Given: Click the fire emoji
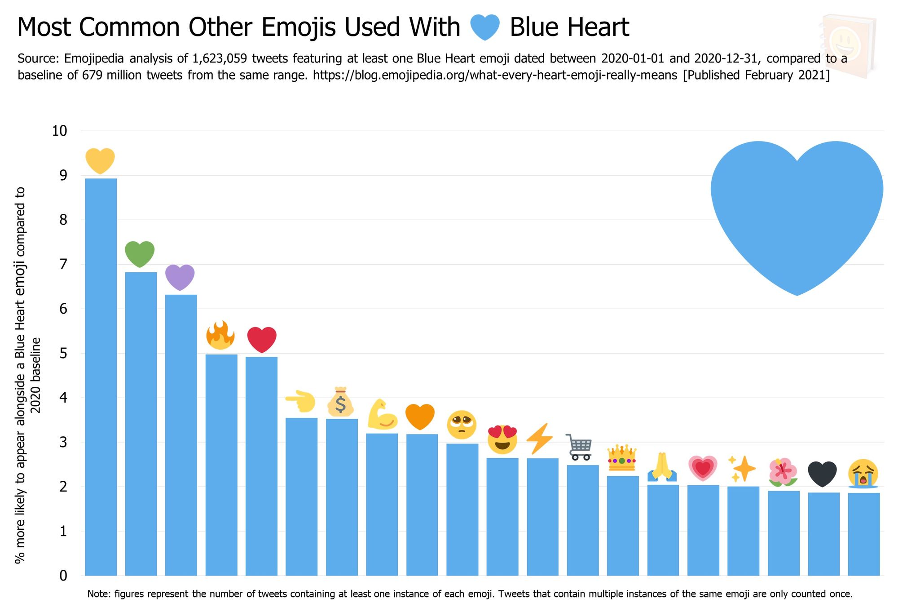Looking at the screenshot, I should click(220, 335).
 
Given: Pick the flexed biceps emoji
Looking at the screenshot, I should click(382, 414).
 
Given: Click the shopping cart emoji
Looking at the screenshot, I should click(580, 447).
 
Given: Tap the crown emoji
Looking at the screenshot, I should click(622, 458).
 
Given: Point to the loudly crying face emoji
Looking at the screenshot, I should click(863, 474).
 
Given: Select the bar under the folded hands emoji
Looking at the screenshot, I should click(663, 530).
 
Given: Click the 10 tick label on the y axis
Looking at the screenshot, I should click(59, 131).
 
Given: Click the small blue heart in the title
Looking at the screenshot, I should click(485, 27).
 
